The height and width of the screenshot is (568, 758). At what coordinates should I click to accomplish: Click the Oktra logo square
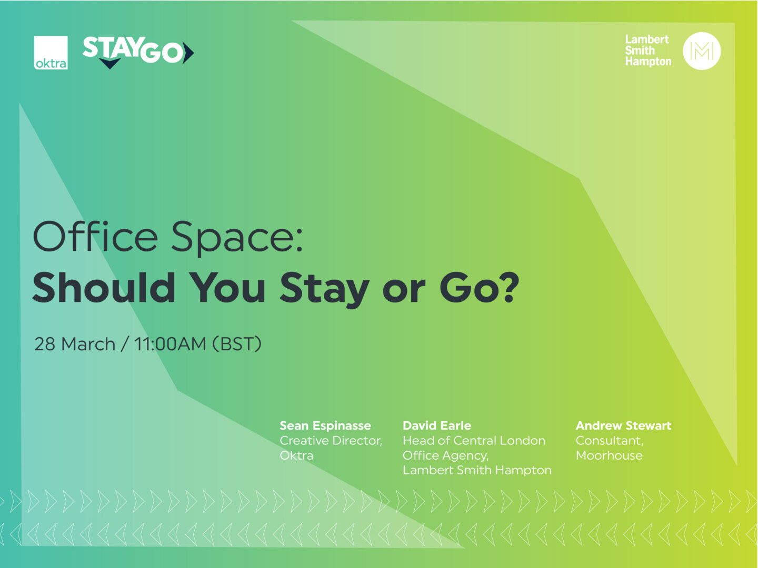tap(51, 53)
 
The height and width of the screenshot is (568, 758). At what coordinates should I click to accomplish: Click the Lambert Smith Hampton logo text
tap(647, 50)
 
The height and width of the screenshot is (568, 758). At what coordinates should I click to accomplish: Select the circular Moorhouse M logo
tap(701, 51)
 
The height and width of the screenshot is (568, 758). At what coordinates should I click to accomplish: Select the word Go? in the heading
tap(479, 288)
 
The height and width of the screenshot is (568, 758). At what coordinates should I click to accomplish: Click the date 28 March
tap(75, 344)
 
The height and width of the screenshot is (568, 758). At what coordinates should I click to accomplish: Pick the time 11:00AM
tap(170, 344)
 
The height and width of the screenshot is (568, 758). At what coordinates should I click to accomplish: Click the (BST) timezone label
tap(237, 344)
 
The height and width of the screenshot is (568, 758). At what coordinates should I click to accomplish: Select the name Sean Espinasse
tap(325, 425)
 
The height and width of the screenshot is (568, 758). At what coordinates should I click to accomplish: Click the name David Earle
tap(436, 425)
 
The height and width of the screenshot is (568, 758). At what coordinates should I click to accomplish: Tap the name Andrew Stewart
tap(623, 425)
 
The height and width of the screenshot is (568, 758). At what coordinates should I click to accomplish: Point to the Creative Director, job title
tap(331, 441)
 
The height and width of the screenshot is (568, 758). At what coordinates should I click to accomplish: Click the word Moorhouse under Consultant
tap(609, 455)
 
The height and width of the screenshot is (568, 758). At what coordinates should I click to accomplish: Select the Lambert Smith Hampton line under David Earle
tap(477, 470)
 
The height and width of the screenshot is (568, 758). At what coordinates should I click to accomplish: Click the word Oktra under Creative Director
tap(296, 455)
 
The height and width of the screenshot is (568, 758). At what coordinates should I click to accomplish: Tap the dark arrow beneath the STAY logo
tap(109, 64)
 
